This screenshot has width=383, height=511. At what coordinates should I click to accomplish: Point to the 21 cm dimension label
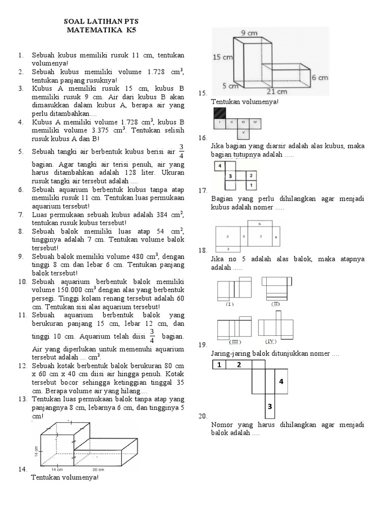280,91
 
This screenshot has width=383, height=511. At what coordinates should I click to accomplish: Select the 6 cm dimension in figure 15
320,77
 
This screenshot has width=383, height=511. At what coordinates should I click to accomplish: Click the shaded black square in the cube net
219,113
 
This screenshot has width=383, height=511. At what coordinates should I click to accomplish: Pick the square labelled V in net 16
243,132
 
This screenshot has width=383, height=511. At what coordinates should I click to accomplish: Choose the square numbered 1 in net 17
251,185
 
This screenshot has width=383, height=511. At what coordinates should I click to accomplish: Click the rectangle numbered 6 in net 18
259,224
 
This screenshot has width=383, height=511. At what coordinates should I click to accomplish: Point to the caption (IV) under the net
270,341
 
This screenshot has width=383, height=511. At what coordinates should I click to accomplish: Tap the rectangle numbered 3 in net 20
269,407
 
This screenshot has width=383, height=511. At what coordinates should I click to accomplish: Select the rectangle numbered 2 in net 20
239,365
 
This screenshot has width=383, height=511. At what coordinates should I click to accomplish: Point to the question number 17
202,191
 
